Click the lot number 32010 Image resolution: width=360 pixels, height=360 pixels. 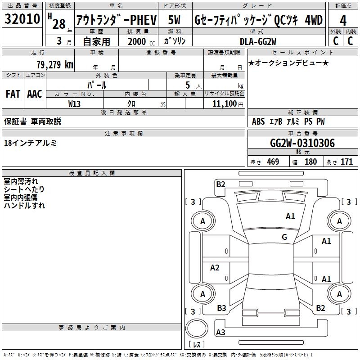pos(22,19)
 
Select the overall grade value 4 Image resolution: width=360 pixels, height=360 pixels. pos(343,21)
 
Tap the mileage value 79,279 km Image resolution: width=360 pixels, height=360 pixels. pos(55,64)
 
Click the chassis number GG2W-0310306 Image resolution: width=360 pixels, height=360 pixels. pos(302,143)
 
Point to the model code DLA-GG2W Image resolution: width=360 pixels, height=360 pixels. pos(258,41)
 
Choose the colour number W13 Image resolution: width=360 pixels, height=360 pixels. pos(74,104)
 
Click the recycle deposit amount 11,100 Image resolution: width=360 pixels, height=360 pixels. pos(224,104)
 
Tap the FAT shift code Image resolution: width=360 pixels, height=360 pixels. pos(13,94)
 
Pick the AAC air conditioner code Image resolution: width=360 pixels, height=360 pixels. pos(35,94)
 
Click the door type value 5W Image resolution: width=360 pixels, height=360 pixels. pos(174,20)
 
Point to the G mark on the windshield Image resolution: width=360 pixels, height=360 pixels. pos(284,237)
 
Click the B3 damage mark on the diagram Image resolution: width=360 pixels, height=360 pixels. pos(221,308)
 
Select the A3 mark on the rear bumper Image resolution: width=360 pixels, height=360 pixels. pos(220,332)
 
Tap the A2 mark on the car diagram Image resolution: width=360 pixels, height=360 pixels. pos(215,267)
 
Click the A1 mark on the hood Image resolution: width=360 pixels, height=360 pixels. pos(290,216)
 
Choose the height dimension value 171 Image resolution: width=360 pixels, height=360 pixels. pos(346,162)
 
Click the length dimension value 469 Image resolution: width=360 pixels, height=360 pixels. pos(273,162)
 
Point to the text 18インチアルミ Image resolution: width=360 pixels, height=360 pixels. pos(30,143)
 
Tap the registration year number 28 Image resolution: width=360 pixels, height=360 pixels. pos(59,24)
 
